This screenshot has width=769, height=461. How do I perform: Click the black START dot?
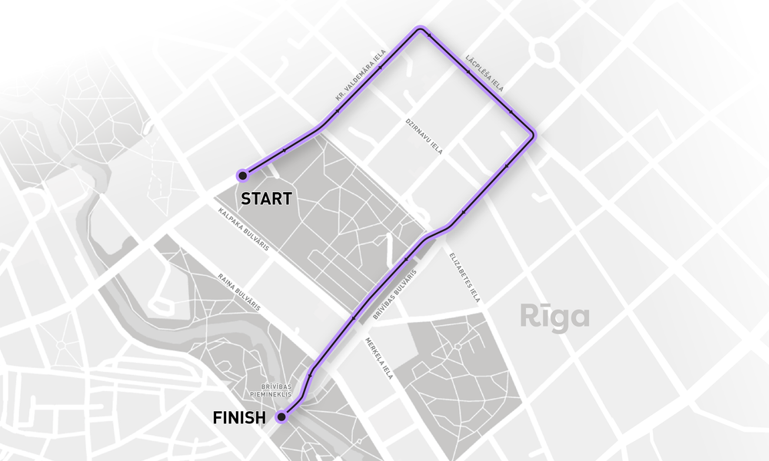tap(243, 174)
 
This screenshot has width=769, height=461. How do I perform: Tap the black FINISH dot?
tap(281, 417)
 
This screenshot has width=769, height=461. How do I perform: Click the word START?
tap(267, 199)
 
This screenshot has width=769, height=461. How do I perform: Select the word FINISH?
tap(239, 418)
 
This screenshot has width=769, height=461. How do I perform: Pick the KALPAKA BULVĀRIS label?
tap(242, 228)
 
